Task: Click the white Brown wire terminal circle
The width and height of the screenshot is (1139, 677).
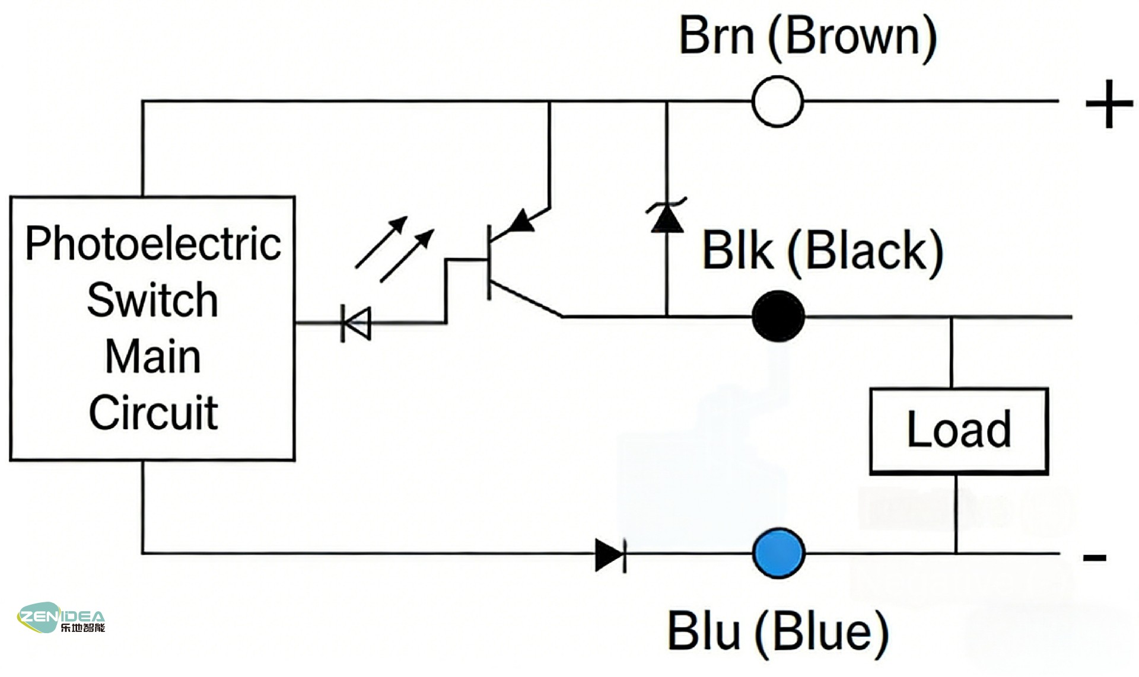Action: [778, 101]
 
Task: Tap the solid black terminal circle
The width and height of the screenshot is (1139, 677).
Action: [778, 317]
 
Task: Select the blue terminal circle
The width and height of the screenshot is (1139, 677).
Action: [778, 553]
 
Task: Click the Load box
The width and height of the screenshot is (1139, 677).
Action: [959, 431]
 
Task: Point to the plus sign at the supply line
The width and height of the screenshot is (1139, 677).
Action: [1109, 104]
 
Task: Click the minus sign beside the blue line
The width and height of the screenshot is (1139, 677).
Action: [1095, 557]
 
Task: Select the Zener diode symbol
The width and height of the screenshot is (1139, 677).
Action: [667, 218]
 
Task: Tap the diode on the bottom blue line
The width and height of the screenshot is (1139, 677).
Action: [610, 555]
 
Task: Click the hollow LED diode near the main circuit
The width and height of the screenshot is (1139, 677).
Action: [357, 323]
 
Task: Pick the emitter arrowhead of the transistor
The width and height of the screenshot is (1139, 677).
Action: [521, 221]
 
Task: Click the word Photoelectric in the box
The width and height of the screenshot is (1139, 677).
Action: [152, 244]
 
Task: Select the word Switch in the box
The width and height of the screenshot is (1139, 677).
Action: [152, 301]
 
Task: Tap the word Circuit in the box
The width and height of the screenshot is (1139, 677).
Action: [153, 413]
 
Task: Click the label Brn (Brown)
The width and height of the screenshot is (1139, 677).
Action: [807, 37]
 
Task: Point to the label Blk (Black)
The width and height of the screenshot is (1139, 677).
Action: [822, 251]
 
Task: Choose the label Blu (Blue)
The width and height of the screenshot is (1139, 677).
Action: [778, 632]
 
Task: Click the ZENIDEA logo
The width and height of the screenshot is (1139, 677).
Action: [61, 618]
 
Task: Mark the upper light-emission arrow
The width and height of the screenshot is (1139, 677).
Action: [381, 242]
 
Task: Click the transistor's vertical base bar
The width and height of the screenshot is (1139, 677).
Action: [489, 262]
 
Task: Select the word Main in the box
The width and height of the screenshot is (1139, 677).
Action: [153, 357]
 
